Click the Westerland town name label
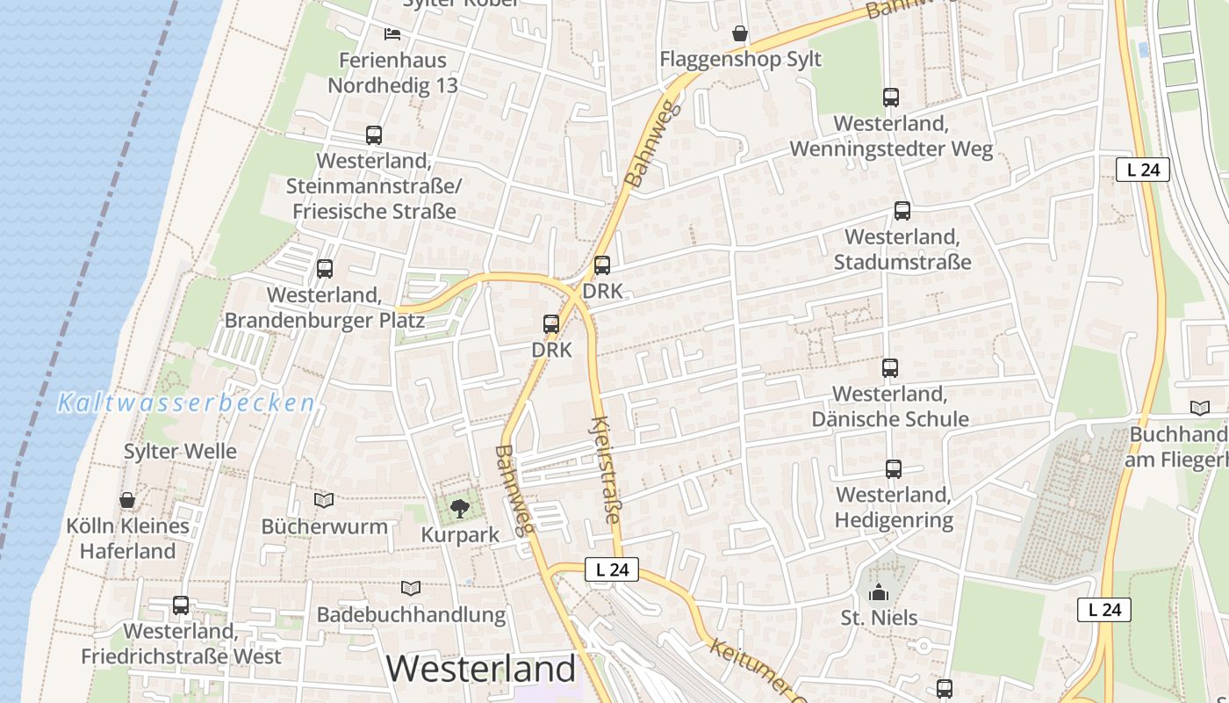point(481,669)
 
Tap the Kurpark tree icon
point(459,508)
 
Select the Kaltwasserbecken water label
point(186,403)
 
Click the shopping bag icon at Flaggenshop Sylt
point(740,34)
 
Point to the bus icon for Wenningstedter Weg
point(891,98)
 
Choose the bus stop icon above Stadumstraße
point(902,211)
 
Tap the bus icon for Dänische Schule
point(890,368)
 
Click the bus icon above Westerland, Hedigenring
point(893,469)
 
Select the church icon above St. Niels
point(878,593)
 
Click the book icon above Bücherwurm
point(324,501)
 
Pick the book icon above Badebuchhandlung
point(410,589)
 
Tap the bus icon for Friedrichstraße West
point(181,605)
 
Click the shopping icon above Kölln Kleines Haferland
point(127,501)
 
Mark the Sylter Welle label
point(180,452)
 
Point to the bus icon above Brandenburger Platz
point(325,269)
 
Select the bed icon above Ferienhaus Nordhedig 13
point(392,34)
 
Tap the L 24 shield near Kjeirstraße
point(611,569)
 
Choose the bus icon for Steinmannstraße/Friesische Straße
point(374,135)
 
